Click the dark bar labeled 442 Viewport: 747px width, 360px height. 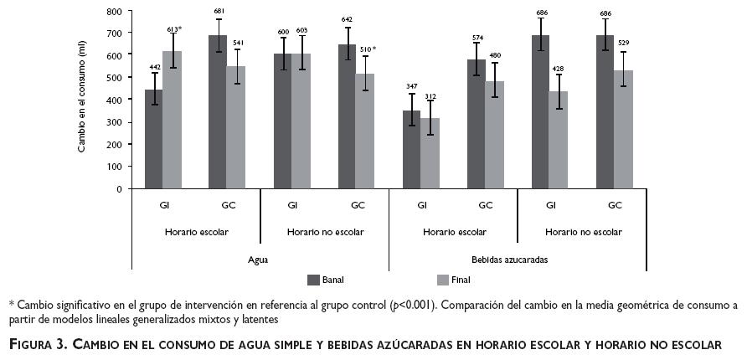tap(153, 139)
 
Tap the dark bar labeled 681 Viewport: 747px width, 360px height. tap(218, 112)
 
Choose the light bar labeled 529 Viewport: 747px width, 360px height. tap(623, 129)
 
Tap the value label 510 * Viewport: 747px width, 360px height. tap(367, 49)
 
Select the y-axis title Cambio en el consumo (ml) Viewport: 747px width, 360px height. tap(82, 100)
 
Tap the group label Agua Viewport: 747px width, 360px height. tap(259, 260)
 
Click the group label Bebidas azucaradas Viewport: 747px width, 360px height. tap(517, 260)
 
